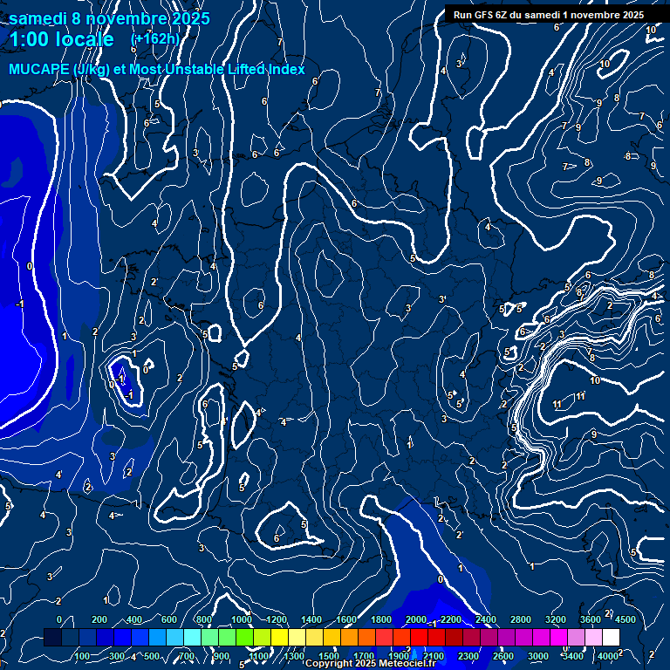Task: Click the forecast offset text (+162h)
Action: pyautogui.click(x=154, y=38)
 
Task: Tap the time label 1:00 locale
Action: pyautogui.click(x=61, y=39)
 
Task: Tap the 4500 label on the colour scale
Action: pyautogui.click(x=625, y=619)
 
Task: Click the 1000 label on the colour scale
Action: pyautogui.click(x=240, y=619)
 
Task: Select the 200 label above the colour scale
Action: pyautogui.click(x=99, y=619)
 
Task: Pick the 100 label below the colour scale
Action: pyautogui.click(x=82, y=656)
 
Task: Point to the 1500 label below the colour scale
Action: pyautogui.click(x=328, y=656)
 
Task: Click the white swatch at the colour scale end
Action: pyautogui.click(x=611, y=638)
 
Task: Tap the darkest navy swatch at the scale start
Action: pyautogui.click(x=52, y=638)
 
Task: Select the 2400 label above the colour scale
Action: pyautogui.click(x=485, y=619)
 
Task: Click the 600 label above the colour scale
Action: pyautogui.click(x=170, y=619)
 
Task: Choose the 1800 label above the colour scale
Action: pyautogui.click(x=380, y=619)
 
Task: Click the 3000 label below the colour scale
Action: pyautogui.click(x=537, y=656)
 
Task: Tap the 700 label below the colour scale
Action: pyautogui.click(x=187, y=656)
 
